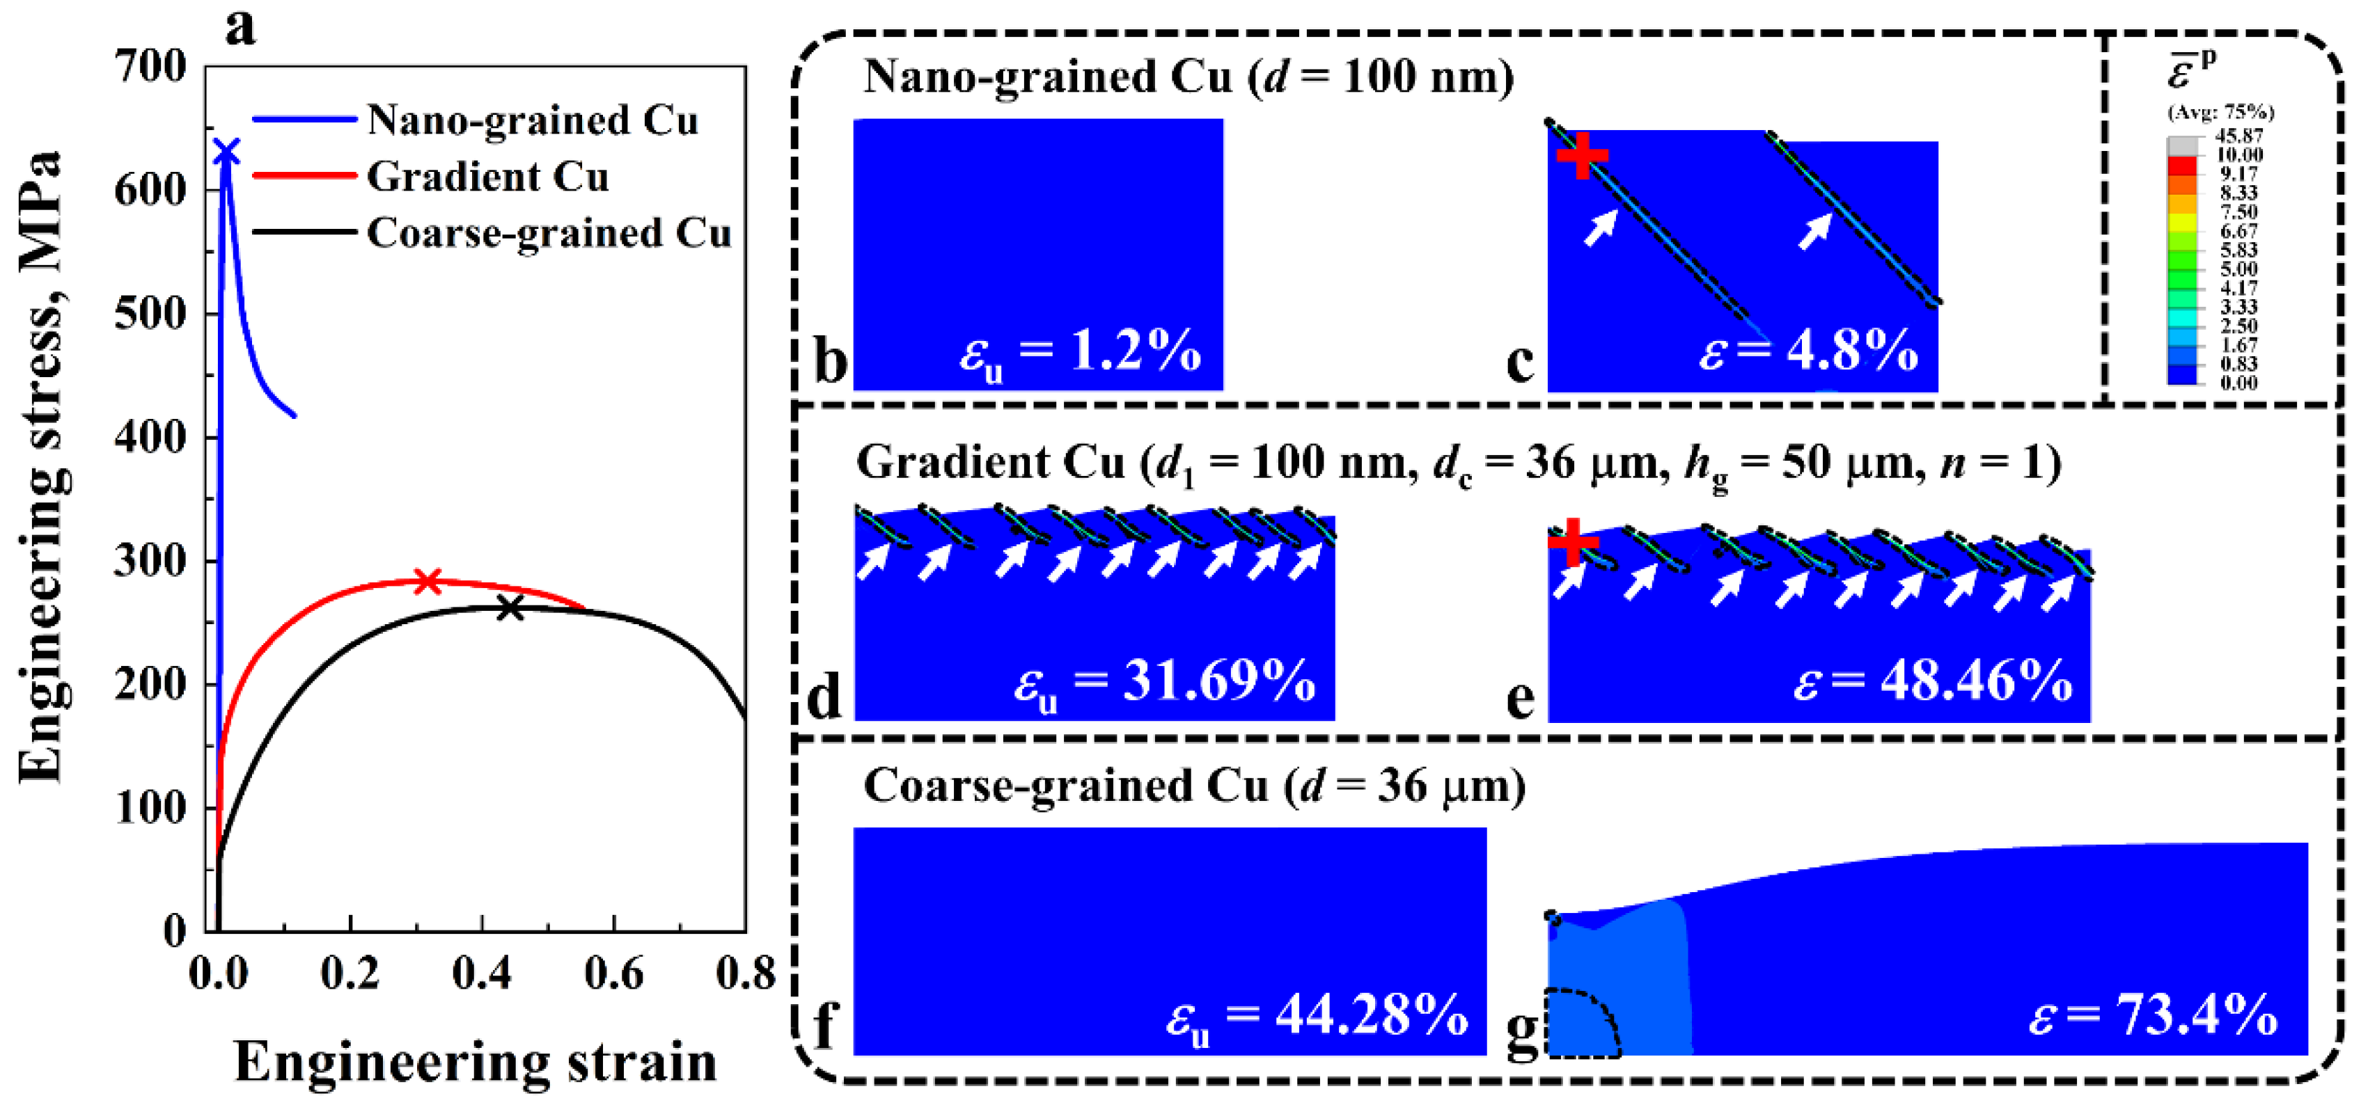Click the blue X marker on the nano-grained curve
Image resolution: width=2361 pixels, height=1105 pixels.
coord(226,152)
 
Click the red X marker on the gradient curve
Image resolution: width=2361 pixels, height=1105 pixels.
coord(427,580)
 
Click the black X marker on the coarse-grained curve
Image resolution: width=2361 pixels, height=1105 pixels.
coord(510,607)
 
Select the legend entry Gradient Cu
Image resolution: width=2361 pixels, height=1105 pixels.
coord(487,176)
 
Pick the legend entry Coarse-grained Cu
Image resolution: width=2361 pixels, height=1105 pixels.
coord(548,232)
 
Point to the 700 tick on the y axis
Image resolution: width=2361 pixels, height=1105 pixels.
coord(150,66)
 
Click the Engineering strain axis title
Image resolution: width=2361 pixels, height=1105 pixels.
coord(476,1062)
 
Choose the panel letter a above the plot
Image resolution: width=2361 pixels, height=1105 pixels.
coord(240,28)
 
